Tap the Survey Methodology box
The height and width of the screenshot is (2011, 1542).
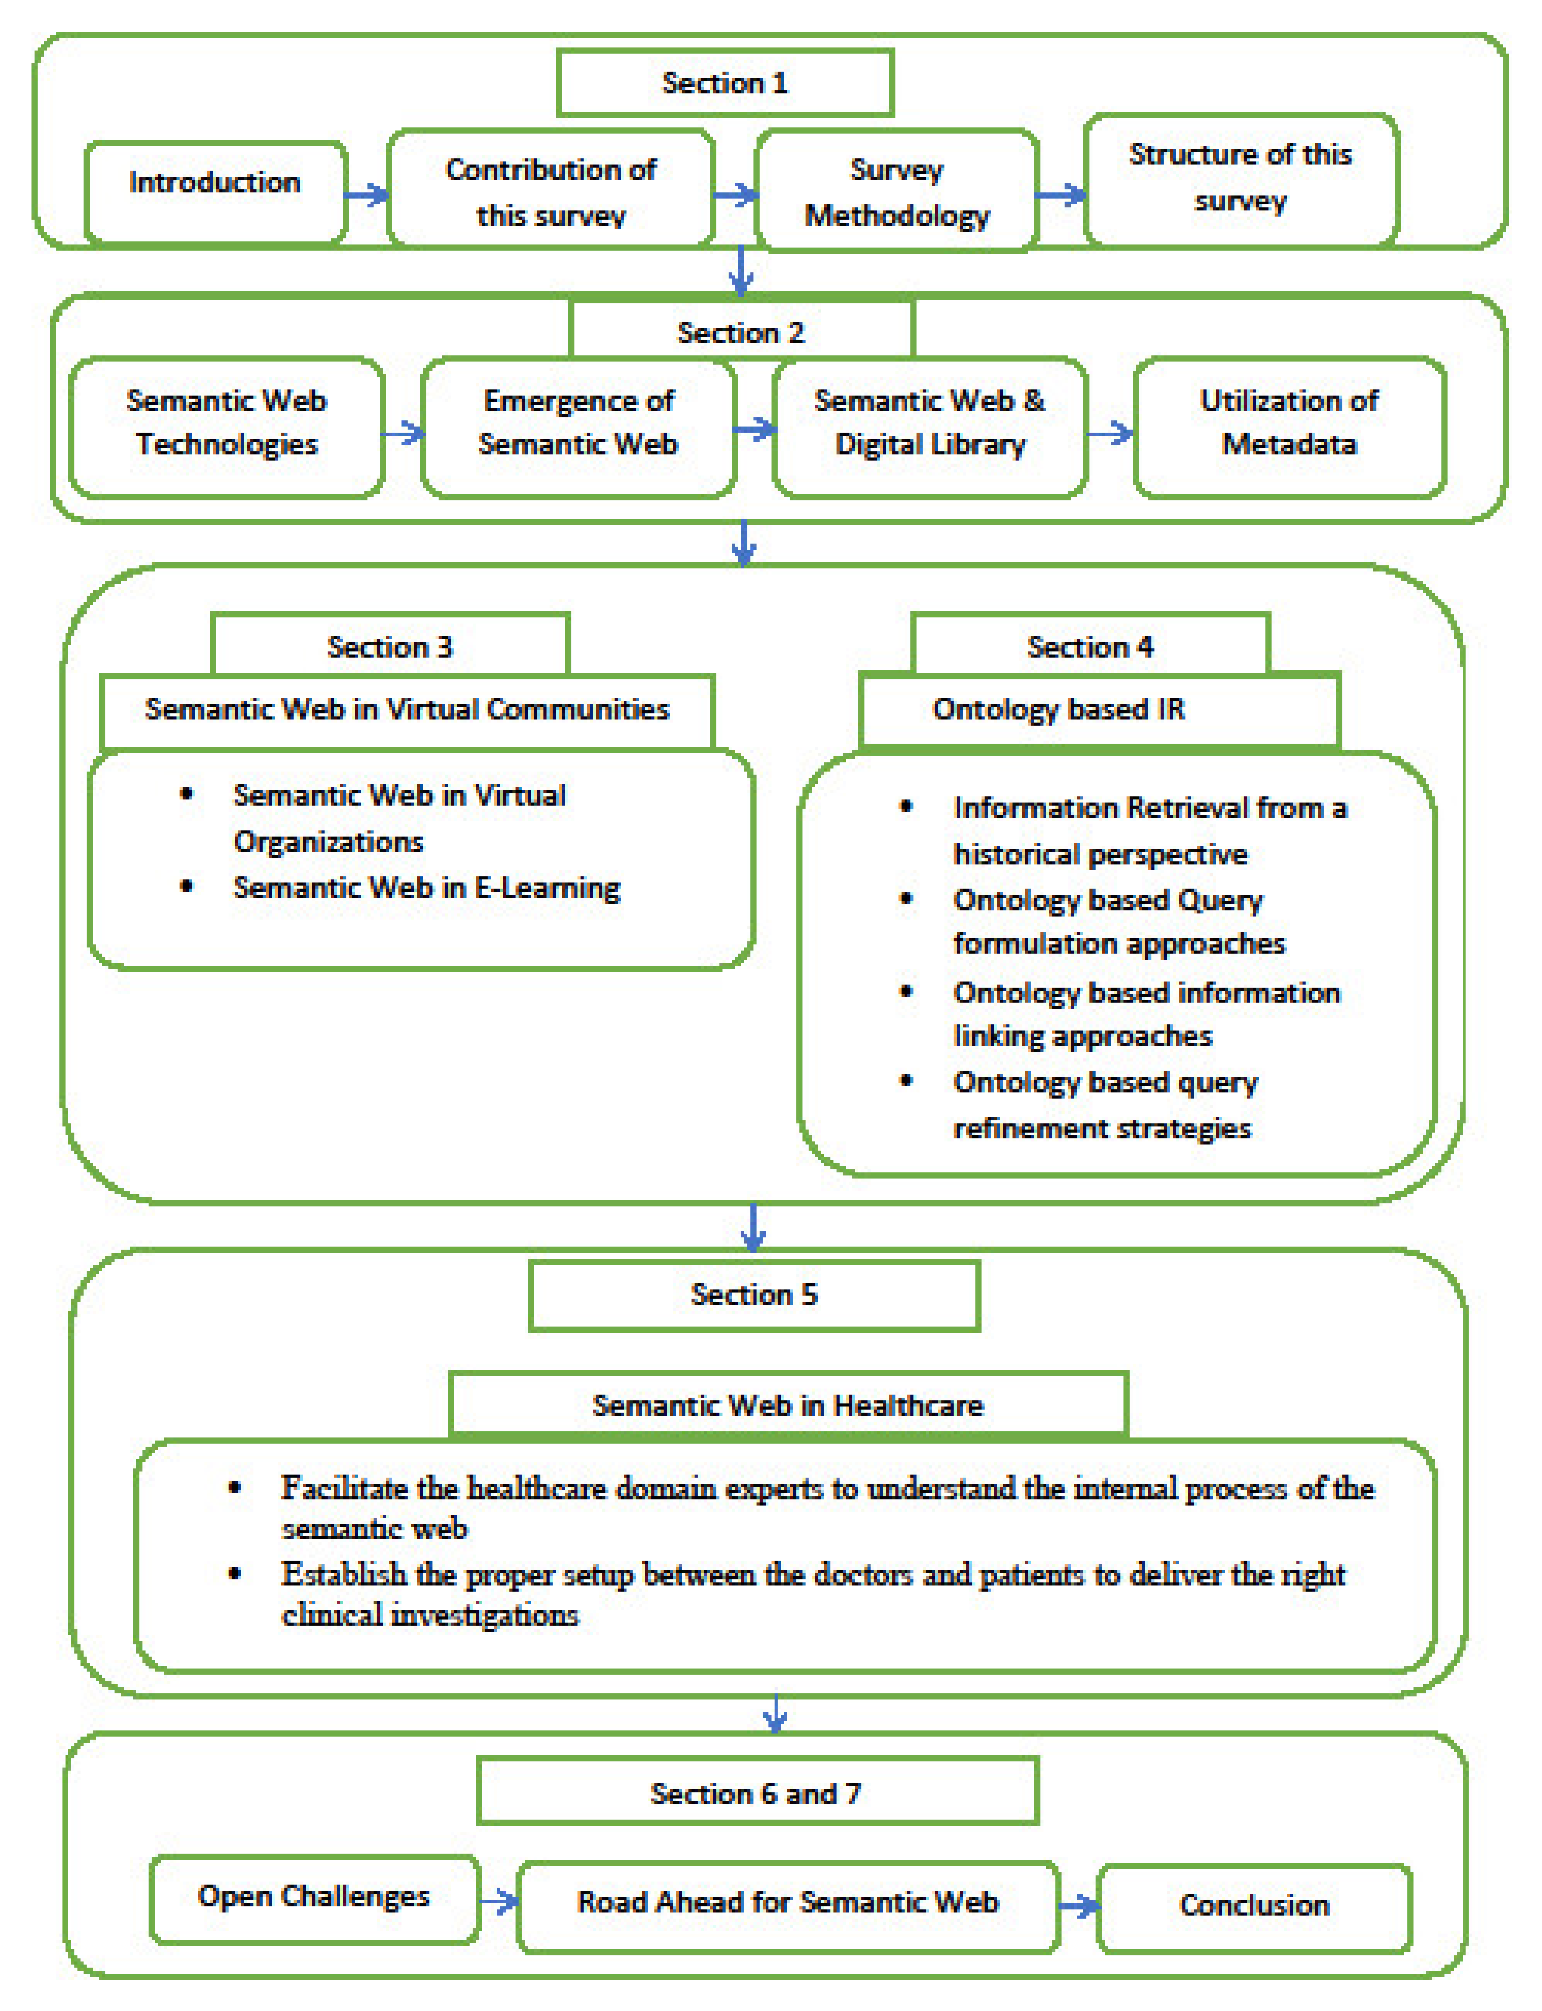897,192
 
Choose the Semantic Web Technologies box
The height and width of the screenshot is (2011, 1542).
227,424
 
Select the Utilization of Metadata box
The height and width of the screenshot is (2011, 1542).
1289,424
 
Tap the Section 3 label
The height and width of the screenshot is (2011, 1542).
390,647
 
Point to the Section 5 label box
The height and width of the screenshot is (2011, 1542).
753,1295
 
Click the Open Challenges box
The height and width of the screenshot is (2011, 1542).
314,1896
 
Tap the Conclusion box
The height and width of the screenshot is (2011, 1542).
1254,1905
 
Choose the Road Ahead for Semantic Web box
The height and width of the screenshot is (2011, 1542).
788,1903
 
